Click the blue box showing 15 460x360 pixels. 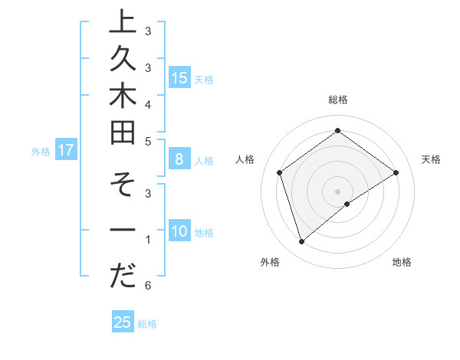click(179, 77)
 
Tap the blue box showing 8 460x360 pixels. click(179, 159)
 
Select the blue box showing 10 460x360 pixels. click(179, 231)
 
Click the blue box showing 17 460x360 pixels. click(66, 150)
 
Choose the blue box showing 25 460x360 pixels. click(123, 322)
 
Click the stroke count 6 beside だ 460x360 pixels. click(148, 286)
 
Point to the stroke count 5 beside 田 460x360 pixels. click(148, 141)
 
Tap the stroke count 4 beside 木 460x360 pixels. click(148, 103)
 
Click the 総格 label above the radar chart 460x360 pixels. click(337, 100)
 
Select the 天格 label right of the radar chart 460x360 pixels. click(431, 159)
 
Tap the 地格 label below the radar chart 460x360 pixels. click(402, 262)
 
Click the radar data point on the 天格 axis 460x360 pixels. click(396, 172)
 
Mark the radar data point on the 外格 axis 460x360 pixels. click(301, 242)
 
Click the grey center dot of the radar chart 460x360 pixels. click(337, 191)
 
